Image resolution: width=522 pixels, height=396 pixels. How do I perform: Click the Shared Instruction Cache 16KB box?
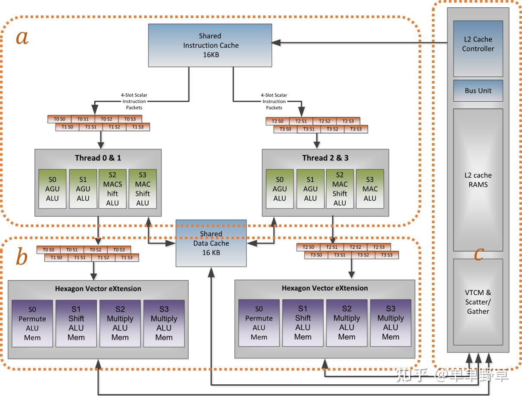pos(210,45)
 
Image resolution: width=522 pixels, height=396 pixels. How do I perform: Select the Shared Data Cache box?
pos(211,243)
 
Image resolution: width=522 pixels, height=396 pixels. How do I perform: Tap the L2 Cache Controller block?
pos(478,48)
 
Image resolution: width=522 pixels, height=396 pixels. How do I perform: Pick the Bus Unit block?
pos(478,90)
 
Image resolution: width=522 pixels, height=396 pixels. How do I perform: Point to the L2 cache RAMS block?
pos(478,180)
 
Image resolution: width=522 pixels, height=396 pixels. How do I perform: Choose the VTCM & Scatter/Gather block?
pos(478,302)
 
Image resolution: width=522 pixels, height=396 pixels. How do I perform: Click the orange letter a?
pos(22,37)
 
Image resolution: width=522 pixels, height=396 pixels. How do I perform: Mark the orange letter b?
pos(22,258)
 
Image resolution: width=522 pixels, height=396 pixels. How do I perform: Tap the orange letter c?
pos(478,254)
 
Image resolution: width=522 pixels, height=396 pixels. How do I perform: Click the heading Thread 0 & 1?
pos(98,158)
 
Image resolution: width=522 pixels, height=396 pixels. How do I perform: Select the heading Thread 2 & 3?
pos(325,158)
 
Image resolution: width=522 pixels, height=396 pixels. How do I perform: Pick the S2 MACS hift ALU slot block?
pos(112,189)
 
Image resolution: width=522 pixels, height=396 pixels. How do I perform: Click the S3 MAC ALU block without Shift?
pos(370,189)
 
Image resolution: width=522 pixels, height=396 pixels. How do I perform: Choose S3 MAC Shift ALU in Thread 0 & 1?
pos(143,189)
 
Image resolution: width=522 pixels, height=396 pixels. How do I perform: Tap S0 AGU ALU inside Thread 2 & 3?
pos(280,189)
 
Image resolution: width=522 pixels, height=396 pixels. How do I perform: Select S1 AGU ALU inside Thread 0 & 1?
pos(83,189)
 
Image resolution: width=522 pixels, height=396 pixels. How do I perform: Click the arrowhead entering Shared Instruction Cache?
pos(276,42)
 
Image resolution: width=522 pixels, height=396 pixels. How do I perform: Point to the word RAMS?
pos(478,184)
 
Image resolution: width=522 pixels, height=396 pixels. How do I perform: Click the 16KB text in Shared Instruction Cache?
pos(210,55)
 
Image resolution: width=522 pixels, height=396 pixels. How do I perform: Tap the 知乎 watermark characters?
pos(410,375)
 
